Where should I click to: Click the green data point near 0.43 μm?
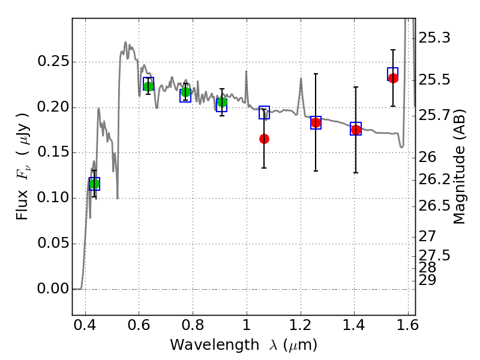[95, 184]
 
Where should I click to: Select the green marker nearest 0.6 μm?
[148, 86]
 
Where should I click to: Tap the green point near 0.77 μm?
[185, 92]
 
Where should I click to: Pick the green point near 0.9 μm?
[222, 102]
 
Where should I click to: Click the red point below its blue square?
[264, 139]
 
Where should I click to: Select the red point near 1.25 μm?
[316, 123]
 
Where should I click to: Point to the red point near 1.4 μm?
[356, 130]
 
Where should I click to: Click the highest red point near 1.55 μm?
[393, 78]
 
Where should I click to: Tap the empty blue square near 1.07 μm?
[264, 112]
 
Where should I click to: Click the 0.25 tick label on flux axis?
[53, 62]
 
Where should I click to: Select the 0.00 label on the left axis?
[53, 289]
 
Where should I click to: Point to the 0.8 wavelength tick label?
[193, 325]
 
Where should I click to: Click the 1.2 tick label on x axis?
[301, 325]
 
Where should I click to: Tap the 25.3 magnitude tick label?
[434, 38]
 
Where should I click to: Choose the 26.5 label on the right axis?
[434, 205]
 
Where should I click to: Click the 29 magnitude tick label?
[427, 280]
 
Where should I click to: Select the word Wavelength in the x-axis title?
[215, 345]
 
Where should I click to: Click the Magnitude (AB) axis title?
[459, 167]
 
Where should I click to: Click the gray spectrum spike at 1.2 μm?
[301, 79]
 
